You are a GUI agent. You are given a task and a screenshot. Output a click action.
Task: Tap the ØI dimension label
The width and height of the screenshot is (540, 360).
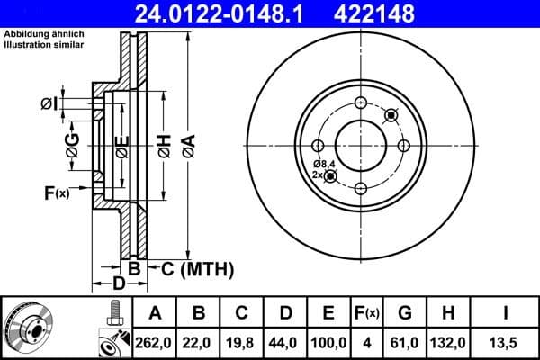click(x=50, y=104)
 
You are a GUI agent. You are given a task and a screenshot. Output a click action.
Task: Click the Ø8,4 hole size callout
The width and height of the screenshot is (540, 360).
click(x=323, y=163)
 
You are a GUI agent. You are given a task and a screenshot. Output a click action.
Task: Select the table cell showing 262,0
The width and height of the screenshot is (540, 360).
click(x=155, y=341)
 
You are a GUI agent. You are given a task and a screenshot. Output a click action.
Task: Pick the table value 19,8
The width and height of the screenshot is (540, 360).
click(x=241, y=341)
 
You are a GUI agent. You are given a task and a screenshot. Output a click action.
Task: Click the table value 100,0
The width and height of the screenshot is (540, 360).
click(x=328, y=341)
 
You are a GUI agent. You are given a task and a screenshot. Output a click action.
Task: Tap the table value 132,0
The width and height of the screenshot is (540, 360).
click(x=446, y=341)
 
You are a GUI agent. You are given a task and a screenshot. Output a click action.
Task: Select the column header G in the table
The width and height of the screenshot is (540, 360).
click(x=405, y=313)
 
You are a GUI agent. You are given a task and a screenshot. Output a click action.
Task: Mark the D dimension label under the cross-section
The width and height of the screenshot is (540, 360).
click(x=117, y=284)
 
